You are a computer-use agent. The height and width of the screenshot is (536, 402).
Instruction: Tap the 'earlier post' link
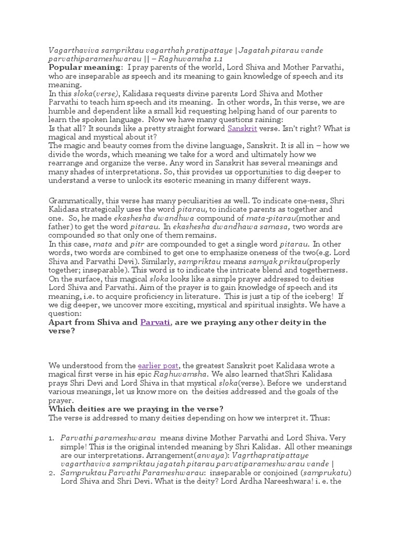point(159,365)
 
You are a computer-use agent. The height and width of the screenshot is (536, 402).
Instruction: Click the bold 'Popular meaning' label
point(85,68)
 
